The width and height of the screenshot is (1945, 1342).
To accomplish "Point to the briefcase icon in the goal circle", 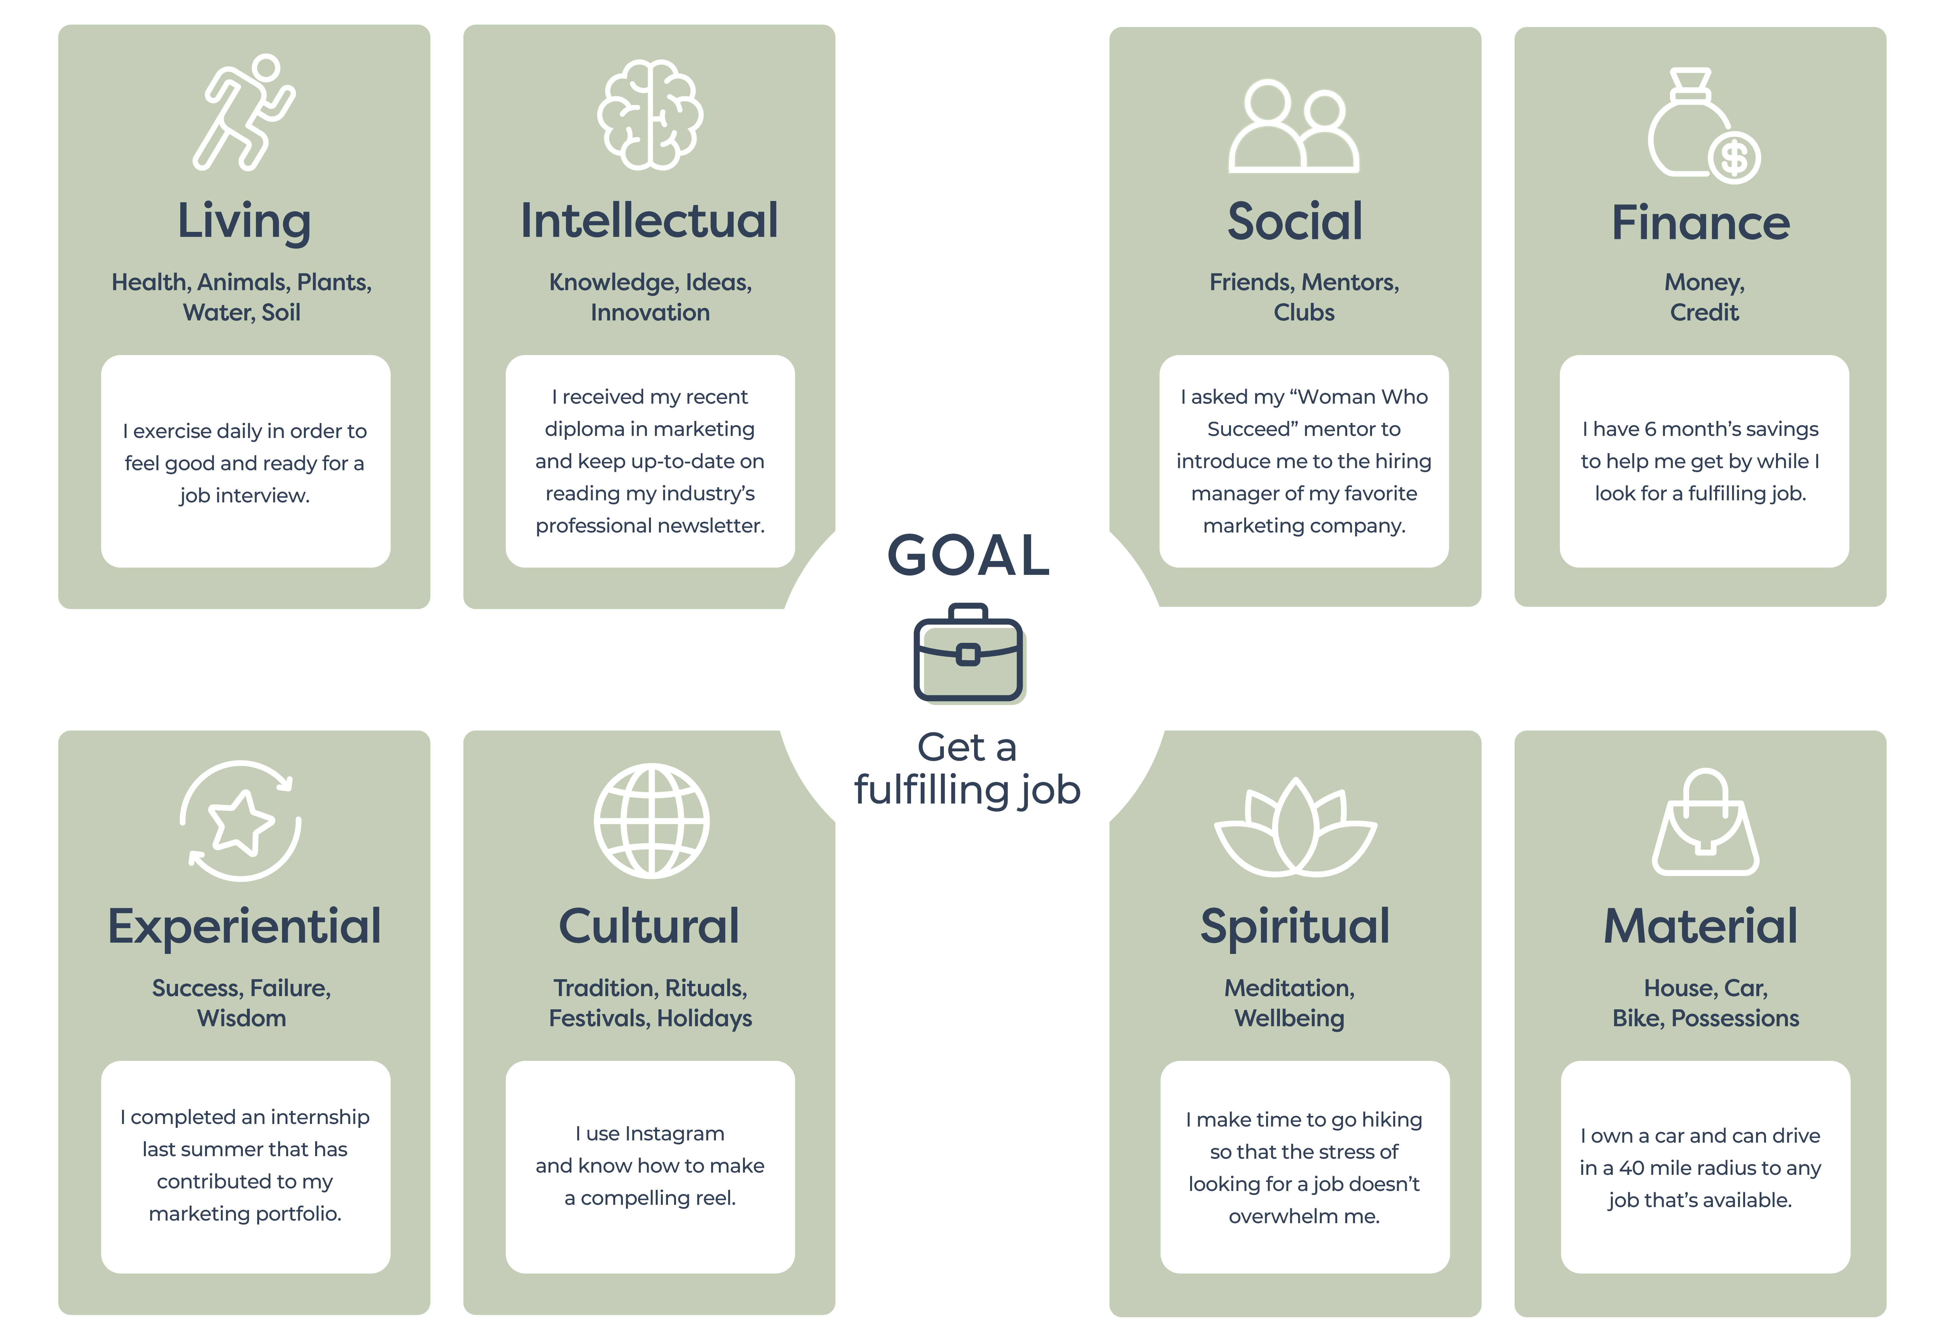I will (968, 653).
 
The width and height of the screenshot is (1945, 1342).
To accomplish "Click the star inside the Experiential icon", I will (241, 822).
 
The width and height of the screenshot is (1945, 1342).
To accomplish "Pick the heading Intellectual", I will (650, 221).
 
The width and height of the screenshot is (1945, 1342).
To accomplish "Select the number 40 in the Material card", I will (1631, 1168).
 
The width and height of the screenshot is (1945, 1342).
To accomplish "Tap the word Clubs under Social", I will (1304, 313).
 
